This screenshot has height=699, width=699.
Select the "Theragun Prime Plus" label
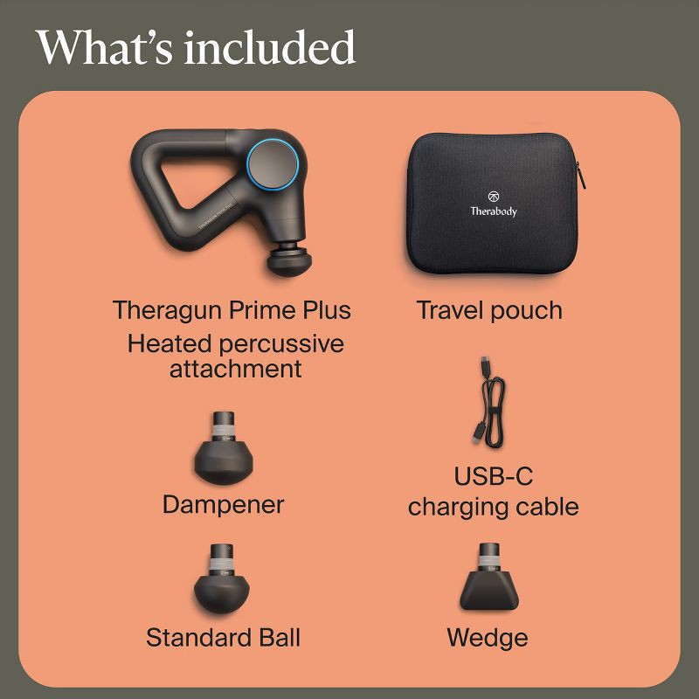tap(232, 310)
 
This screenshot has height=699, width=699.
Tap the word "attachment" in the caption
tap(235, 368)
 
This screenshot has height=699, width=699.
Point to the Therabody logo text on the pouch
tap(494, 211)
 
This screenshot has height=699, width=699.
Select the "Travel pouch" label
tap(489, 310)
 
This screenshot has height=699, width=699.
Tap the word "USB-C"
tap(494, 477)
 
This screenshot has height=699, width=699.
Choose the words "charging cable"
tap(494, 507)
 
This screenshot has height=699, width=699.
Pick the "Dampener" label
tap(224, 504)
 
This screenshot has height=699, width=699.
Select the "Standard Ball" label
tap(224, 638)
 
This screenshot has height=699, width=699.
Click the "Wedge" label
tap(488, 638)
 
